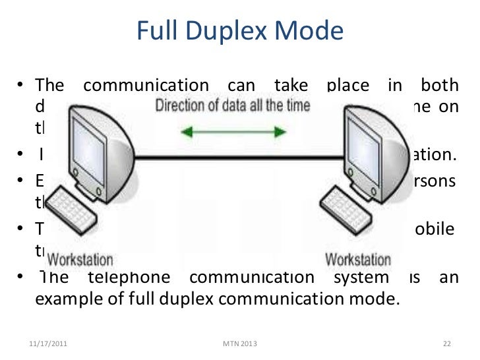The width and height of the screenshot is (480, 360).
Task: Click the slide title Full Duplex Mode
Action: [240, 31]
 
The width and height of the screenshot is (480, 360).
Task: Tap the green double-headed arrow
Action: [234, 131]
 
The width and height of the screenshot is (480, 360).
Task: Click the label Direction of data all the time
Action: [233, 105]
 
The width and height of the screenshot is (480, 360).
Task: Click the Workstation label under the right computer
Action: [358, 258]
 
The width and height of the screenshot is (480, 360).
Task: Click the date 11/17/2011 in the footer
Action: [48, 344]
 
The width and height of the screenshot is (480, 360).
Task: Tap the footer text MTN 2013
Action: [241, 344]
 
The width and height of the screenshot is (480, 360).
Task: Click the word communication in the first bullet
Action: [146, 86]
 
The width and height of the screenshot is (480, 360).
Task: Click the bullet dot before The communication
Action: [21, 86]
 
